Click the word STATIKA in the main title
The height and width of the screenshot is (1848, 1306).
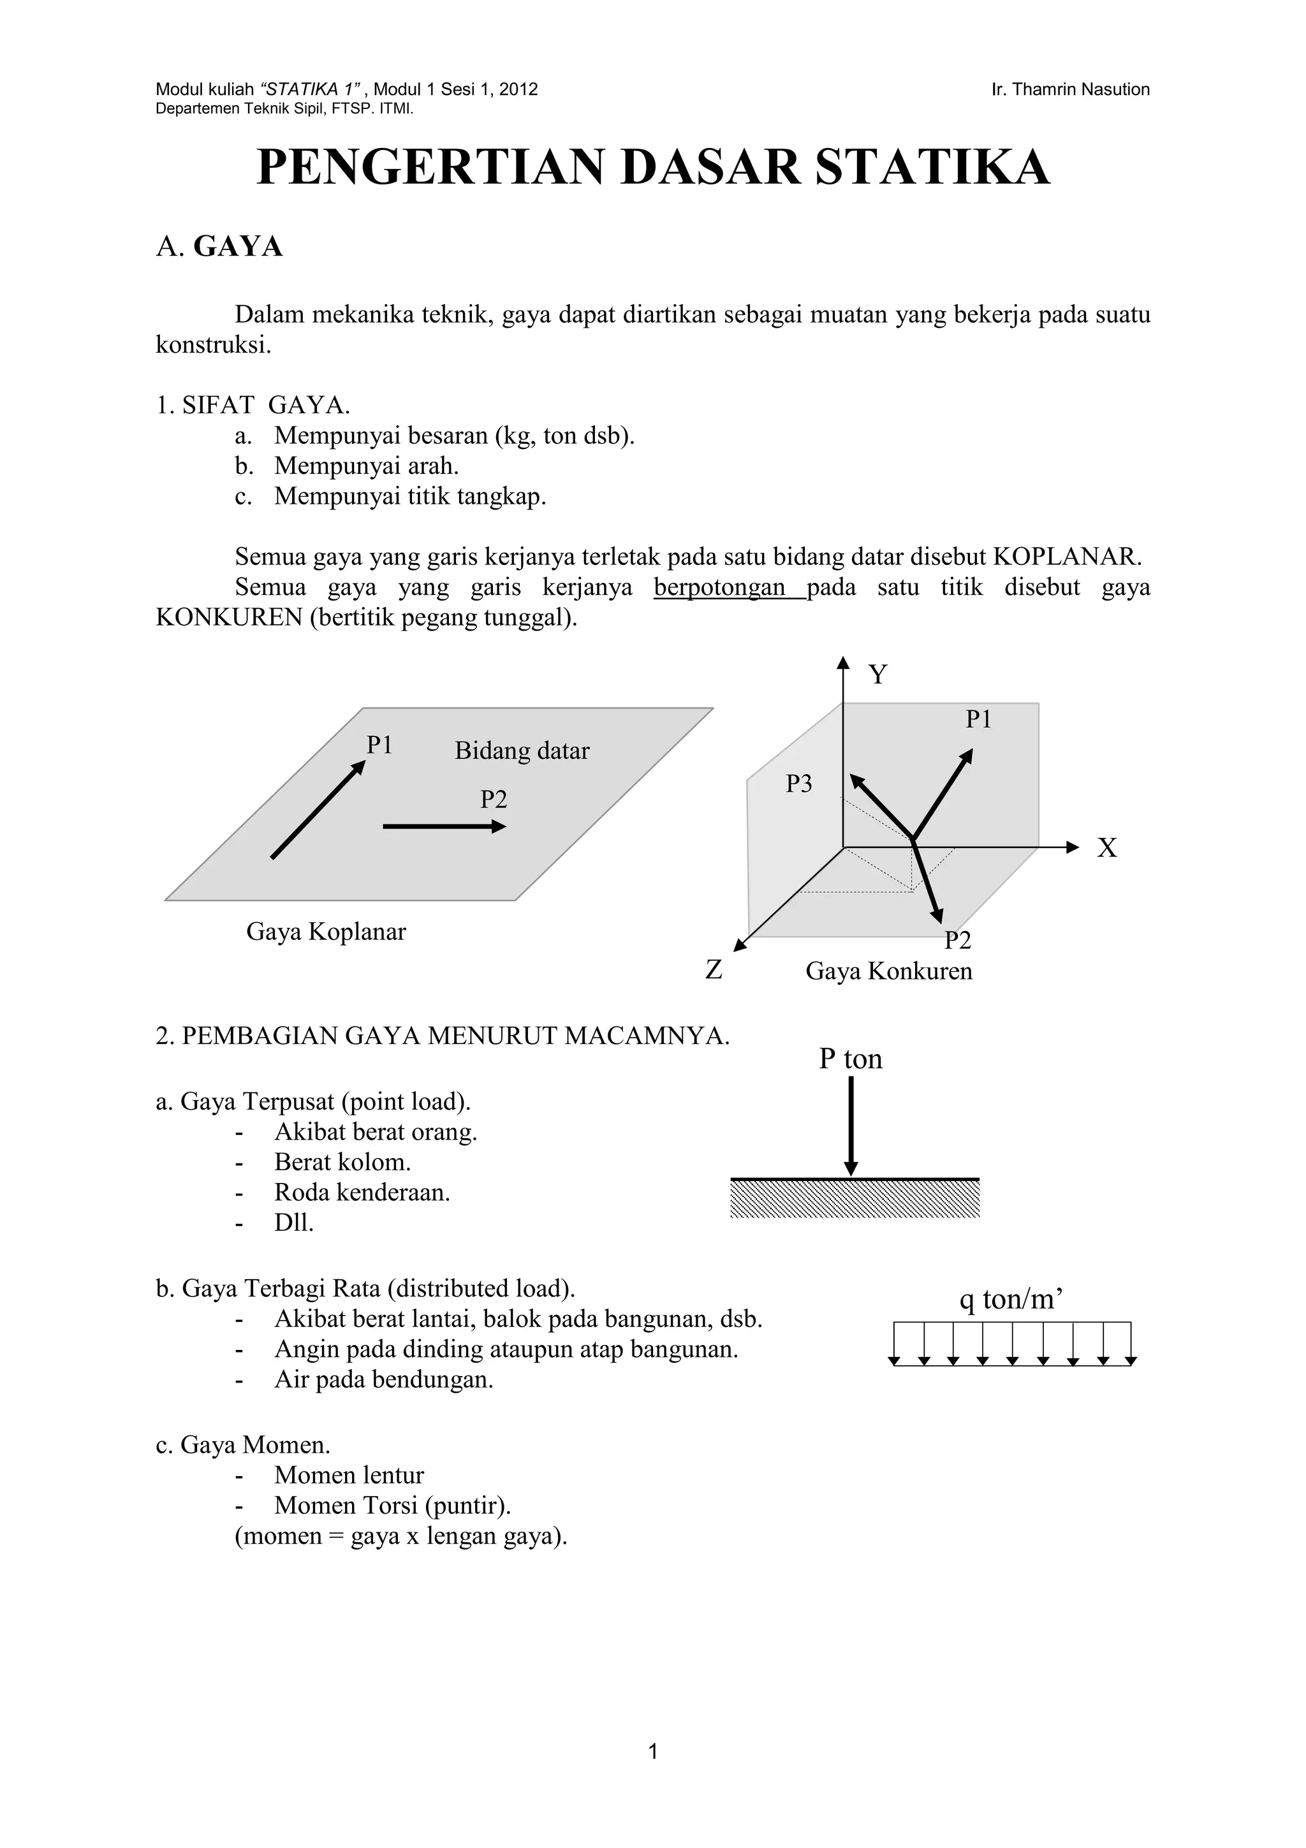tap(932, 168)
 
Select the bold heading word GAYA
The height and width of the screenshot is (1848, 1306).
tap(238, 246)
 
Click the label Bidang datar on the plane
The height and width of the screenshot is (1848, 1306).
tap(522, 751)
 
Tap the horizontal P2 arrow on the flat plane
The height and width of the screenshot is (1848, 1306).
tap(443, 826)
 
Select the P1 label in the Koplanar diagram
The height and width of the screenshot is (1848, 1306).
tap(379, 745)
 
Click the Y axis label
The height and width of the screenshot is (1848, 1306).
tap(878, 675)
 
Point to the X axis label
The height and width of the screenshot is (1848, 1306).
tap(1107, 847)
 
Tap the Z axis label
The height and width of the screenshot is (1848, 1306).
tap(714, 970)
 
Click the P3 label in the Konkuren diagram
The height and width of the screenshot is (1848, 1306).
tap(799, 783)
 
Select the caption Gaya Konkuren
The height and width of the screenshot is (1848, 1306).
tap(888, 971)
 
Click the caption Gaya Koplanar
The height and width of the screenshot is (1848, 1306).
tap(326, 932)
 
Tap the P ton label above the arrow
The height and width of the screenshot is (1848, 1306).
tap(851, 1059)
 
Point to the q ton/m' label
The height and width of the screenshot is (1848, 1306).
tap(1011, 1298)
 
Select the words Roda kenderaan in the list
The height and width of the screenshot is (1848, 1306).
tap(362, 1192)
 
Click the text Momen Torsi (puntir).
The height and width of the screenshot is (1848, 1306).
tap(393, 1505)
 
